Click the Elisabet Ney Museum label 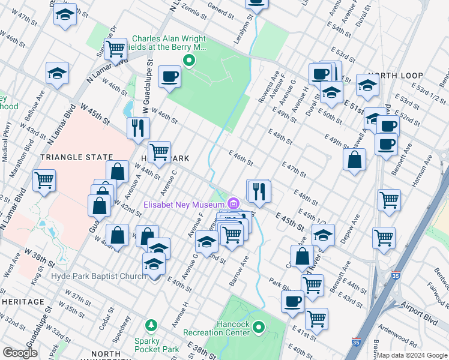[182, 204]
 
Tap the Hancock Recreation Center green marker [259, 328]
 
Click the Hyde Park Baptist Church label [98, 276]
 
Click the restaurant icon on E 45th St [259, 191]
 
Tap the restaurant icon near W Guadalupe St [138, 127]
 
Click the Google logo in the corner [20, 353]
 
